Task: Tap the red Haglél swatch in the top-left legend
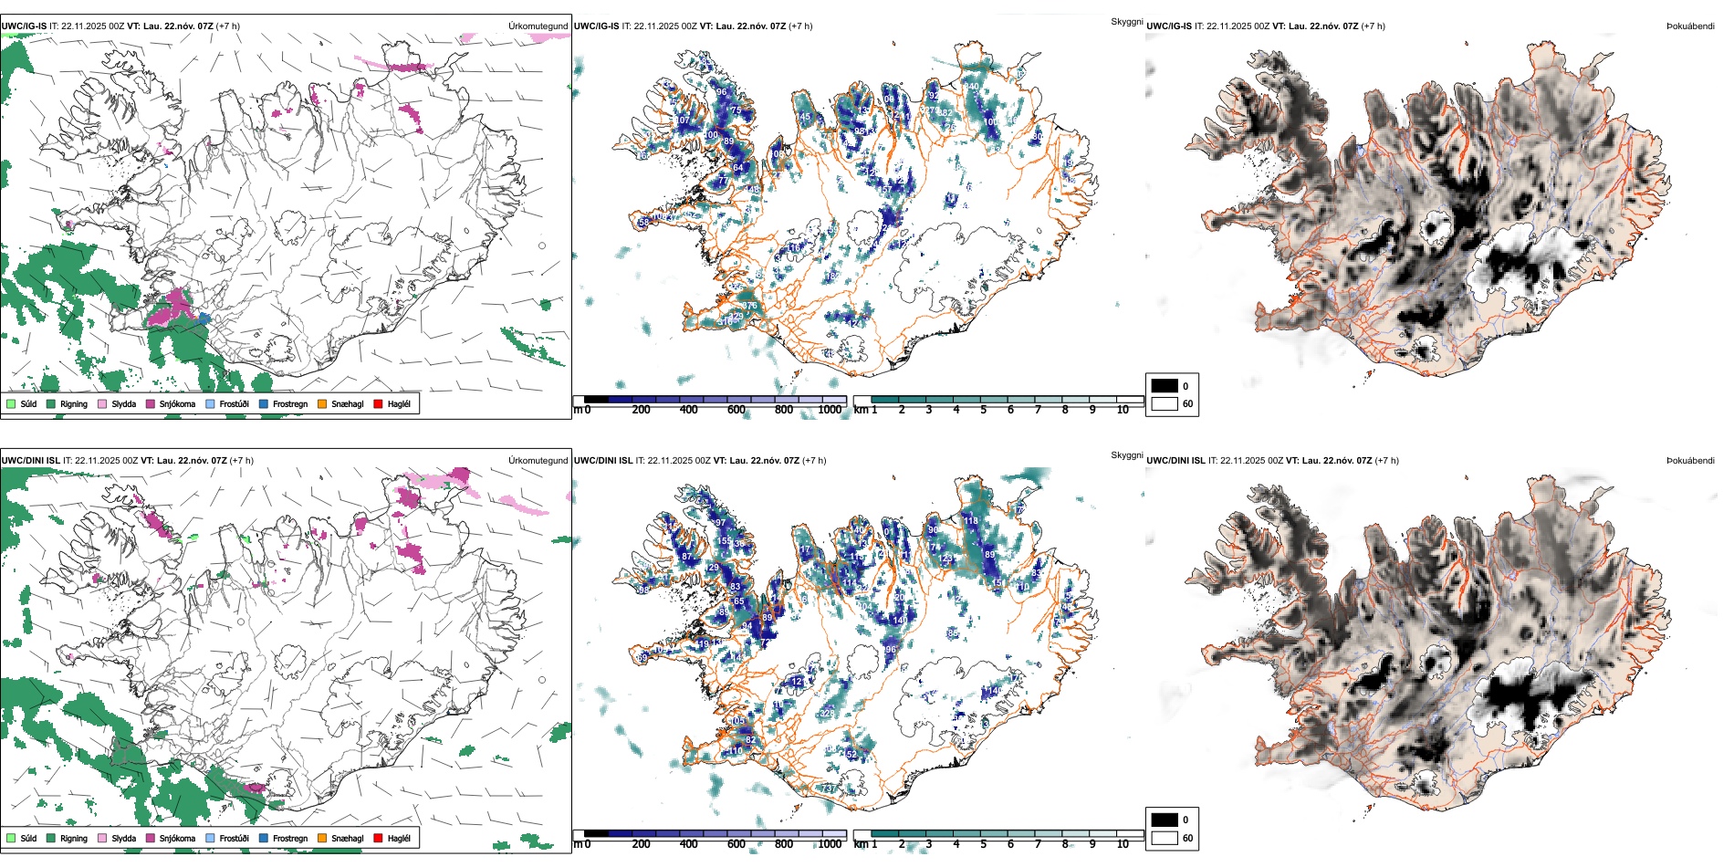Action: point(378,403)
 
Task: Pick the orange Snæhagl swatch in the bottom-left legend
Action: point(322,838)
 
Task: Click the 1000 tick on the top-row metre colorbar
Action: point(830,410)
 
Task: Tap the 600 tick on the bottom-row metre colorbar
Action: point(736,844)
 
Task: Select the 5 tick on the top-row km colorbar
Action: point(983,410)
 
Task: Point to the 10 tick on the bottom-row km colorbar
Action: point(1123,844)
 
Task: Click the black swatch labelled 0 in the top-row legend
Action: point(1165,386)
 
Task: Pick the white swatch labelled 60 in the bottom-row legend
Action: point(1165,838)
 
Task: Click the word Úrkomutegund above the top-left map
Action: point(538,26)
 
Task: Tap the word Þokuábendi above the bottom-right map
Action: point(1690,461)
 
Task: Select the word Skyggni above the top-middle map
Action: point(1126,21)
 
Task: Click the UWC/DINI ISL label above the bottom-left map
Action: point(30,461)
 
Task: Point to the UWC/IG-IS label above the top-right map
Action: point(1169,26)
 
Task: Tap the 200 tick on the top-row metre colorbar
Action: point(642,410)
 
